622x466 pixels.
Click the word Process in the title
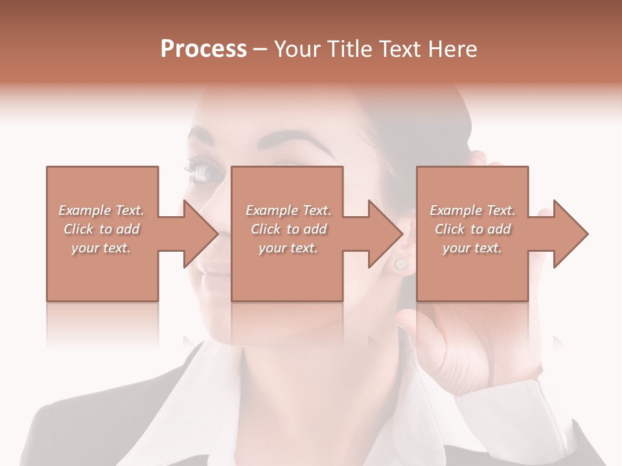[x=203, y=49]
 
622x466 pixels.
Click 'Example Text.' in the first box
[x=101, y=210]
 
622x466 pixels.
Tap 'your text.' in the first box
[x=101, y=248]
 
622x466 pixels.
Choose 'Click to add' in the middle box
[x=288, y=229]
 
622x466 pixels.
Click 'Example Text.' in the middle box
[x=288, y=210]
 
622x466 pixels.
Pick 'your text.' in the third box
[x=472, y=248]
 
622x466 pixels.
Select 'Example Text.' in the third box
[x=472, y=210]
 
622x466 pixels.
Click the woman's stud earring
[x=400, y=264]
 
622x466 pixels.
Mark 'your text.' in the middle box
[x=288, y=248]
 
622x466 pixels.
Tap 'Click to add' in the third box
[x=472, y=229]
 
